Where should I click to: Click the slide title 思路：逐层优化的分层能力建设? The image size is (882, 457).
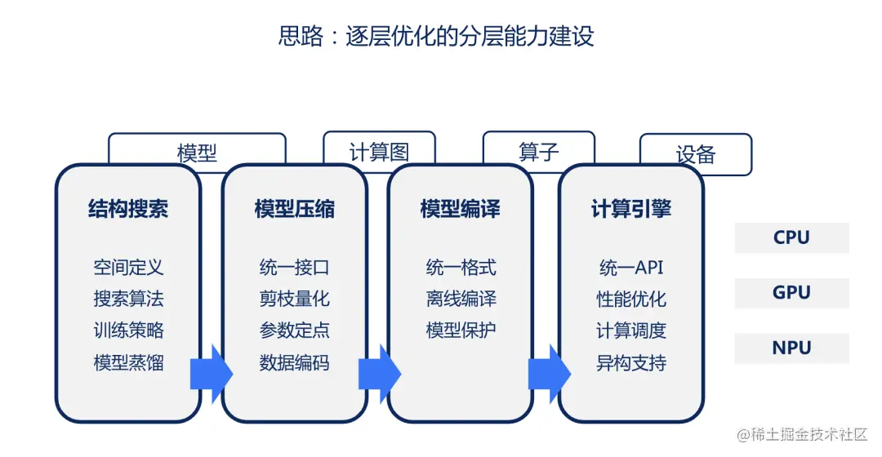coord(436,37)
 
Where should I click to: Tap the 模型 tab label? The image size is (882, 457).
coord(197,153)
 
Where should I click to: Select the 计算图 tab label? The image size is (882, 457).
coord(379,151)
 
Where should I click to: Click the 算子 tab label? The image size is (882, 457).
coord(539,151)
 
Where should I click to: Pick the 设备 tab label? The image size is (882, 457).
coord(696,154)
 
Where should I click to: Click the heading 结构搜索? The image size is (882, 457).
coord(128,209)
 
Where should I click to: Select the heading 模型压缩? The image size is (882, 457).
coord(294,209)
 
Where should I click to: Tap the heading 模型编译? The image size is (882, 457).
coord(460,209)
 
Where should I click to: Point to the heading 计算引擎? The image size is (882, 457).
coord(630,209)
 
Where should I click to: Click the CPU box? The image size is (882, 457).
coord(791,237)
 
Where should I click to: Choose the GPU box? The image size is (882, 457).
coord(791,292)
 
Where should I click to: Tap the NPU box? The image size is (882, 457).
coord(791,348)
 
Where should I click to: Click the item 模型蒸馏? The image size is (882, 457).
coord(128,363)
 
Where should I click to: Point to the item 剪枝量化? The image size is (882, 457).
coord(294,299)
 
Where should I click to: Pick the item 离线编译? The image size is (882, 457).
coord(461,299)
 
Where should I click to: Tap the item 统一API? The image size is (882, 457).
coord(631,267)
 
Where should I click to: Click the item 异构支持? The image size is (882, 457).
coord(631,363)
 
